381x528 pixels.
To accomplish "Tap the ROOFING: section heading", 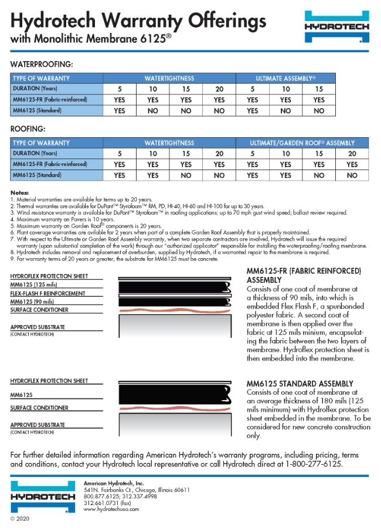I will [x=28, y=128].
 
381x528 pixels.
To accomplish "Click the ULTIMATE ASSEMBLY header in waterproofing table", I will [x=285, y=78].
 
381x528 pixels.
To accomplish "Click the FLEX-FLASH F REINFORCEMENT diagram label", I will [x=47, y=293].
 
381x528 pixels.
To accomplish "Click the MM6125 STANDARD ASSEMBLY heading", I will [x=300, y=384].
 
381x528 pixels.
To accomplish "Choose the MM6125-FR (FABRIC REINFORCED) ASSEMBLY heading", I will [x=304, y=275].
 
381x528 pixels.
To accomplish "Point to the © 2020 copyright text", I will [x=20, y=519].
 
